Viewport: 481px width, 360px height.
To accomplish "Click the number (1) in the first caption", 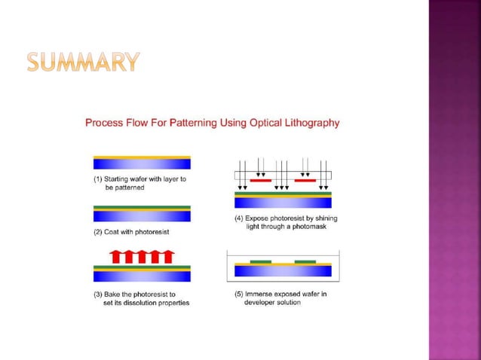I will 98,179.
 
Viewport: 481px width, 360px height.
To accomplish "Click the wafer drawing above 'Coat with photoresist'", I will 142,214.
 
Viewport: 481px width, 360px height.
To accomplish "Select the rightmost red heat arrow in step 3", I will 167,256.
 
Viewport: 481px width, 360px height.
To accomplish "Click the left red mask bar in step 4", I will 260,181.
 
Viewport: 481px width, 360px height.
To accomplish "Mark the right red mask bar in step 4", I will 305,181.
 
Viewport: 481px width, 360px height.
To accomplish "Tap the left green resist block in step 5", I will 261,261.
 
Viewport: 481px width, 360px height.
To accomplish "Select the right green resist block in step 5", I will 305,261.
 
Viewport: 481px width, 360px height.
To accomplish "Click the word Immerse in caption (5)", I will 260,294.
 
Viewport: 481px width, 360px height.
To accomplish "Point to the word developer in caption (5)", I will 260,303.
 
